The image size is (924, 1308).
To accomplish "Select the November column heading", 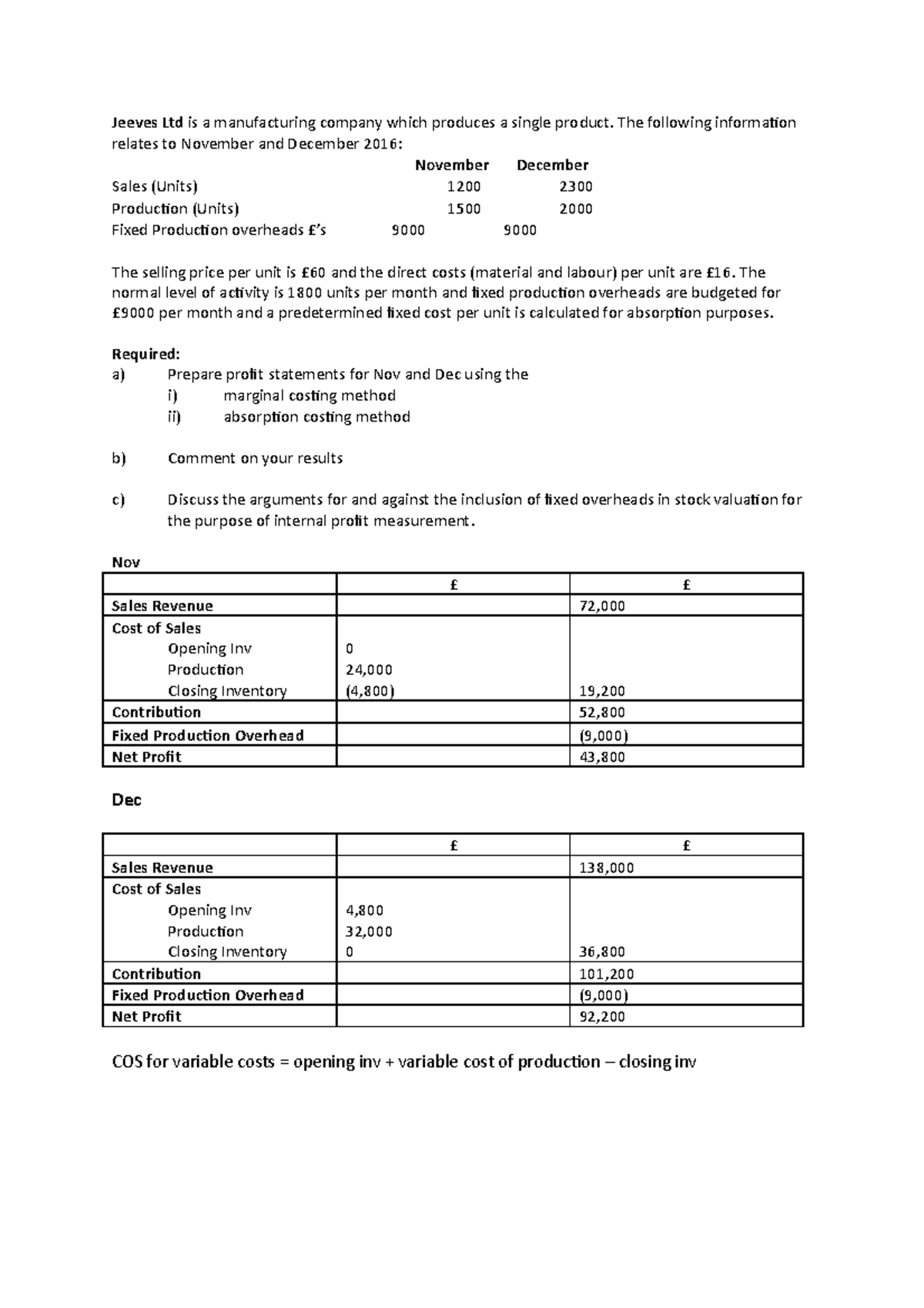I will (452, 165).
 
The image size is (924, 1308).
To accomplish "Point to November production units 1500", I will (464, 209).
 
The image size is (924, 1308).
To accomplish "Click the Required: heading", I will (146, 354).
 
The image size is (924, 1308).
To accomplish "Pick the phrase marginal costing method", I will (310, 396).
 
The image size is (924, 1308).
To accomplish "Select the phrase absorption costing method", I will (316, 417).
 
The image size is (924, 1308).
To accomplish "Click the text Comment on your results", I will (255, 458).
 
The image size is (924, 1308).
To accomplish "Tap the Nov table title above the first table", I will (126, 562).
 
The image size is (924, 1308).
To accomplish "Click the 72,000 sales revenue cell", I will (602, 606).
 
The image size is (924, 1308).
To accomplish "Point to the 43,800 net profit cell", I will (602, 757).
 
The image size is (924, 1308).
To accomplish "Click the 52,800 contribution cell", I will (602, 713).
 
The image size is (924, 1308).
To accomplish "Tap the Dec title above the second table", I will (127, 800).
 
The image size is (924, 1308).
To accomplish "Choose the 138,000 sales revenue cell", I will (606, 868).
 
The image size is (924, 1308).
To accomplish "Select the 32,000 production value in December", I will (369, 931).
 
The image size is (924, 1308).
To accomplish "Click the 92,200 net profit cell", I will (602, 1017).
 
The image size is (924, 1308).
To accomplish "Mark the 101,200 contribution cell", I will (606, 974).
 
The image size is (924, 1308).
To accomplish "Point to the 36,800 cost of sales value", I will (602, 952).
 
